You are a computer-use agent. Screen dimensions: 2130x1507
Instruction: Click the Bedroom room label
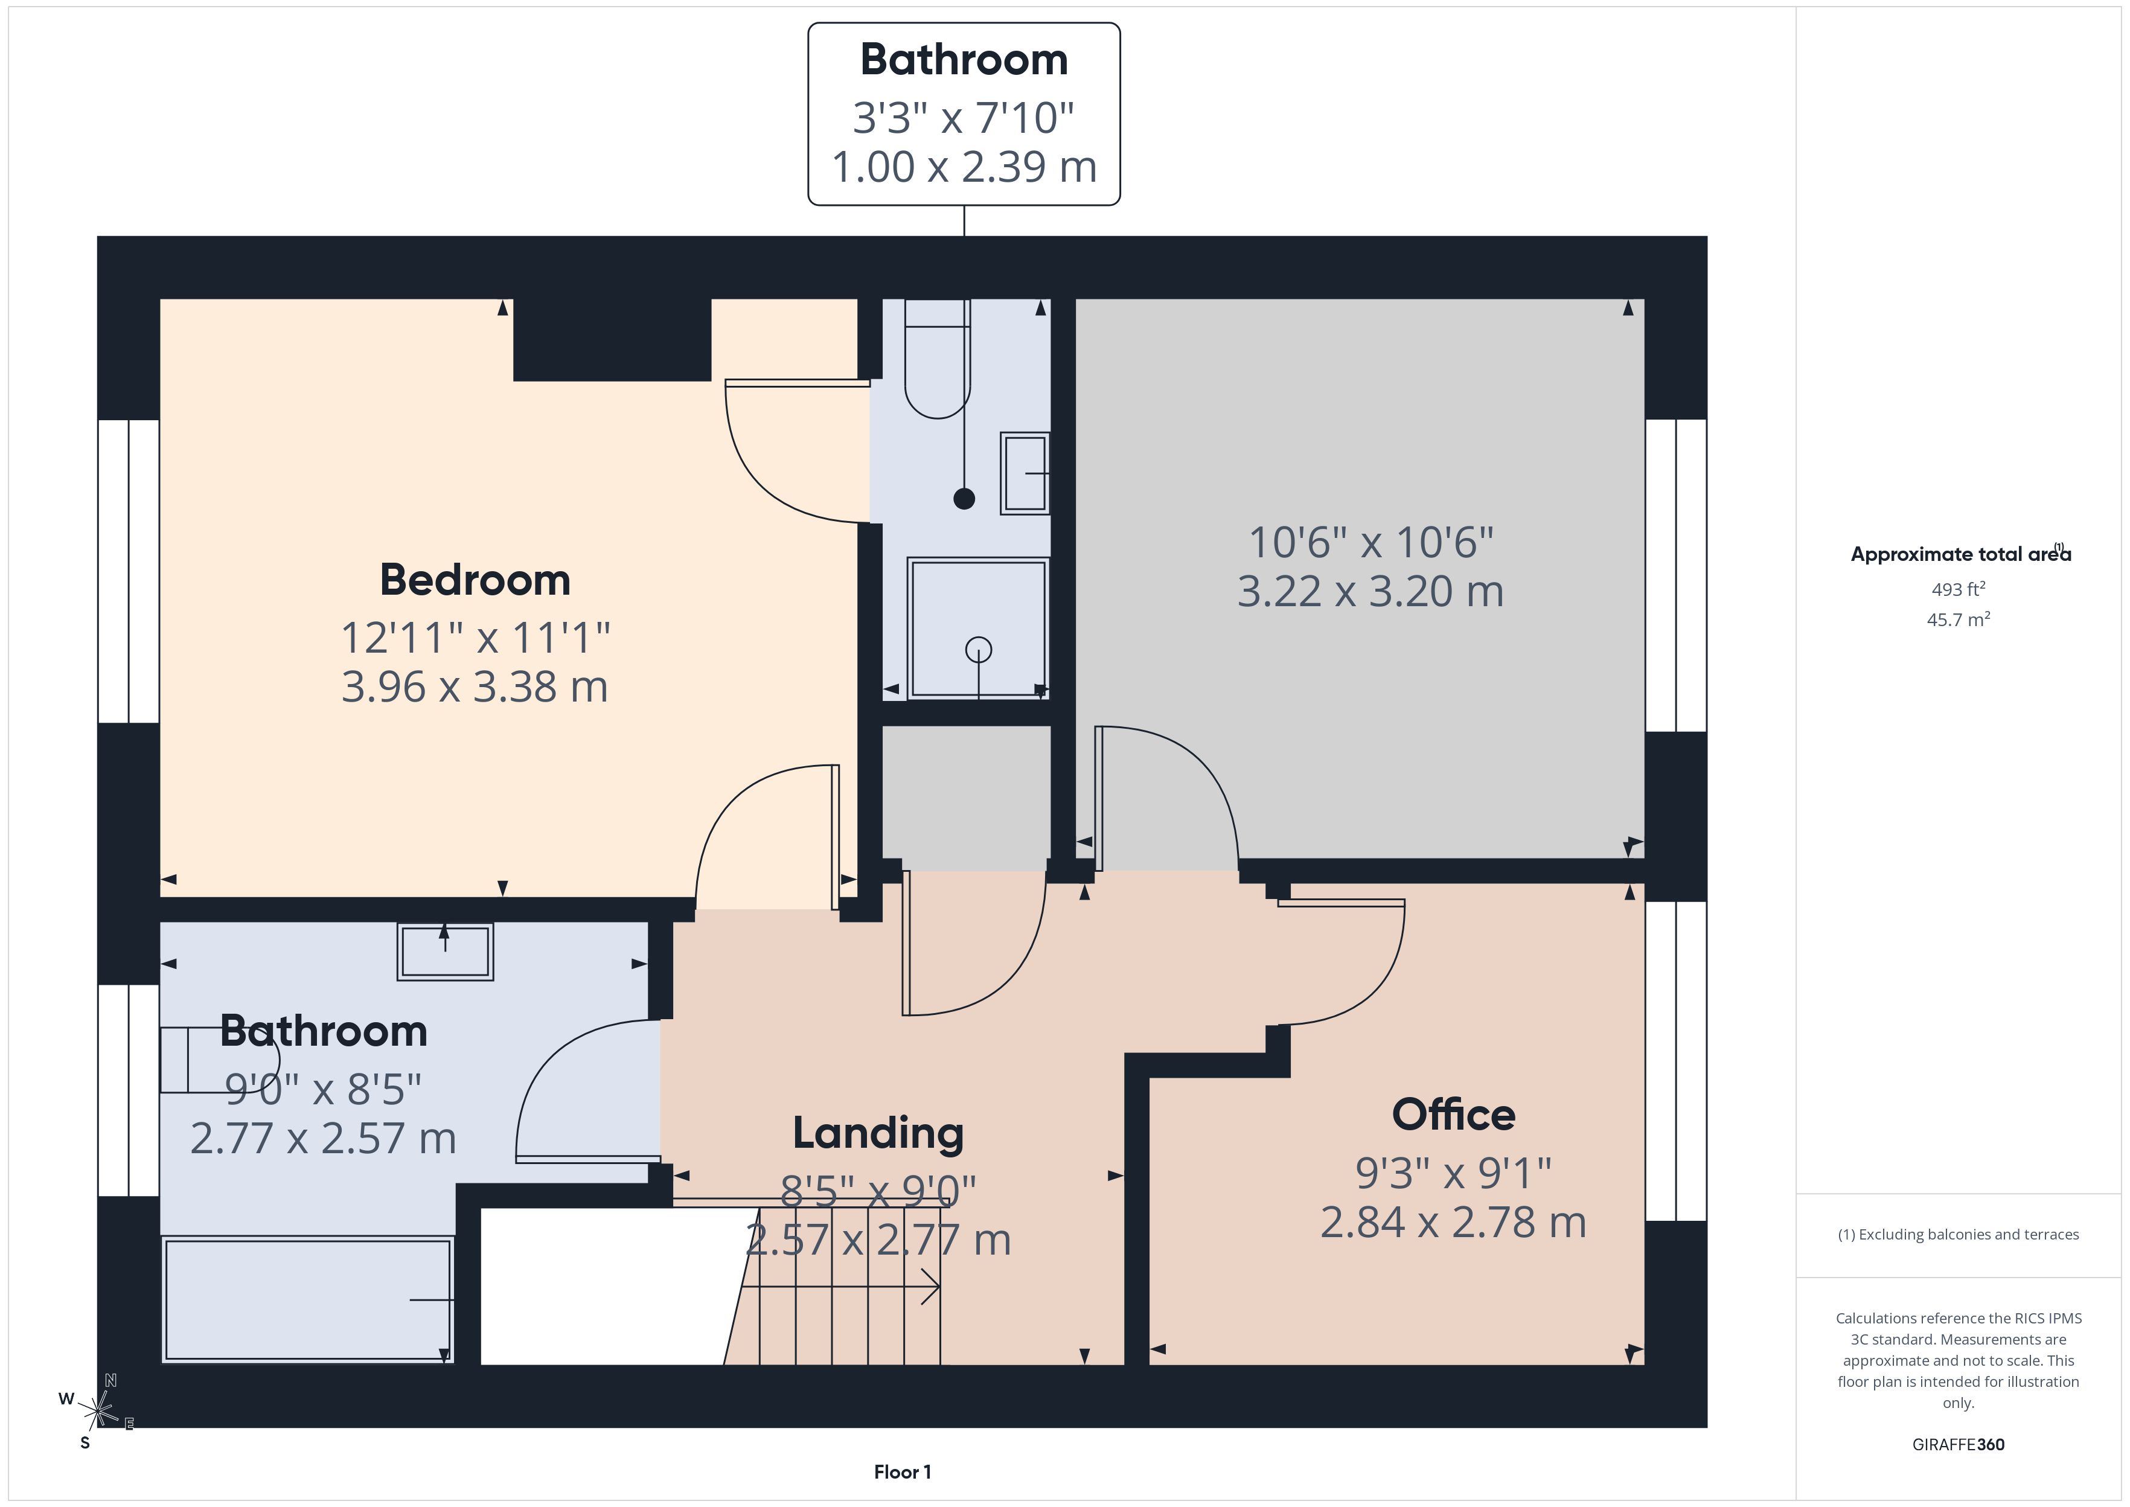[x=475, y=580]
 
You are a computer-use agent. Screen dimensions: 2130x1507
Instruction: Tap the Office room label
[x=1454, y=1115]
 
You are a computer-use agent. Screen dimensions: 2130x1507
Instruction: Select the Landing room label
[x=878, y=1134]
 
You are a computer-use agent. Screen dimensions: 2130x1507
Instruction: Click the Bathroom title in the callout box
[x=964, y=59]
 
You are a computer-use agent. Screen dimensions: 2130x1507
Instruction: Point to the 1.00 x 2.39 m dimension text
[x=964, y=167]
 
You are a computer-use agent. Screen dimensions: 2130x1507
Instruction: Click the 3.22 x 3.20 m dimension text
[x=1370, y=591]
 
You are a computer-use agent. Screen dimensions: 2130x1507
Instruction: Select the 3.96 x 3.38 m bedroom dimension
[x=475, y=686]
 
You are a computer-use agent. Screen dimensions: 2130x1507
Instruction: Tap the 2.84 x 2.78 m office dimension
[x=1454, y=1222]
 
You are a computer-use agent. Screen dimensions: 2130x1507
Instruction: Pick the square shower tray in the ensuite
[x=978, y=627]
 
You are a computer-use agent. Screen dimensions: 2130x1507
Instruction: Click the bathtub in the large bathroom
[x=307, y=1299]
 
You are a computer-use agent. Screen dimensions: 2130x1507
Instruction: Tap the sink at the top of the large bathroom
[x=446, y=951]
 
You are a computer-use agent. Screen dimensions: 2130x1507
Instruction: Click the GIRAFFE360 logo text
[x=1959, y=1445]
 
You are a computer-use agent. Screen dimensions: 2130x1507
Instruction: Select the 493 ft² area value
[x=1959, y=589]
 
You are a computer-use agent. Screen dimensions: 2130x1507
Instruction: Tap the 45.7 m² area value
[x=1959, y=619]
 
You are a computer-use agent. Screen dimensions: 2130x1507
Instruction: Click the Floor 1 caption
[x=902, y=1472]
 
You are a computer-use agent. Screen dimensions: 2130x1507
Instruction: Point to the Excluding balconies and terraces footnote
[x=1959, y=1234]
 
